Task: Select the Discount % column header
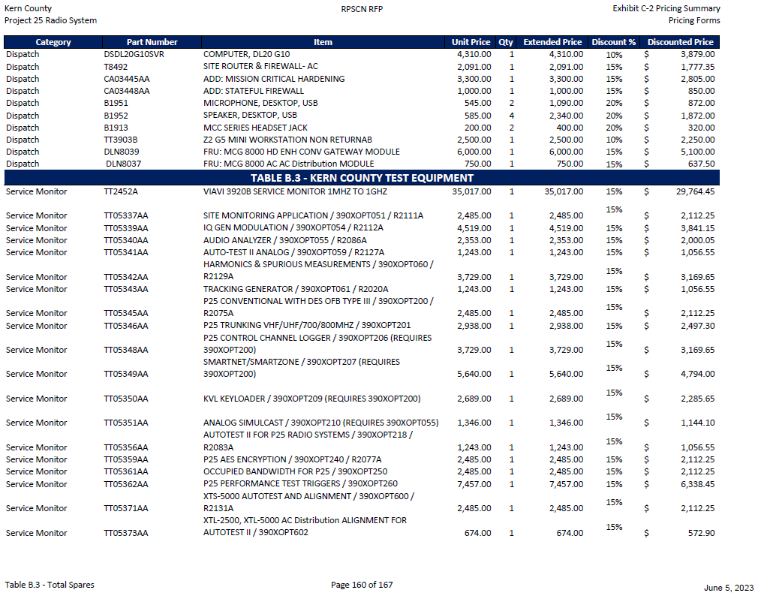pyautogui.click(x=613, y=42)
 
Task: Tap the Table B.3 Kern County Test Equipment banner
pyautogui.click(x=362, y=178)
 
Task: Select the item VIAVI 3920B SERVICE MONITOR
pyautogui.click(x=305, y=191)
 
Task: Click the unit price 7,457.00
pyautogui.click(x=474, y=484)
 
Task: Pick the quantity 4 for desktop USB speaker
pyautogui.click(x=512, y=116)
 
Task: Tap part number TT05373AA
pyautogui.click(x=126, y=533)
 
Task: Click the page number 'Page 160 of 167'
pyautogui.click(x=362, y=585)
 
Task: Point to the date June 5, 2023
pyautogui.click(x=729, y=588)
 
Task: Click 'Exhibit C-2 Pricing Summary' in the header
pyautogui.click(x=666, y=8)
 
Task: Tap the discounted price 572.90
pyautogui.click(x=697, y=533)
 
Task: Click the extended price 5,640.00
pyautogui.click(x=567, y=374)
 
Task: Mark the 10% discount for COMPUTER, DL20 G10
pyautogui.click(x=613, y=55)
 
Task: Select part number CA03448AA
pyautogui.click(x=126, y=91)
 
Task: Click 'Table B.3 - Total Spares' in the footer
pyautogui.click(x=50, y=585)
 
